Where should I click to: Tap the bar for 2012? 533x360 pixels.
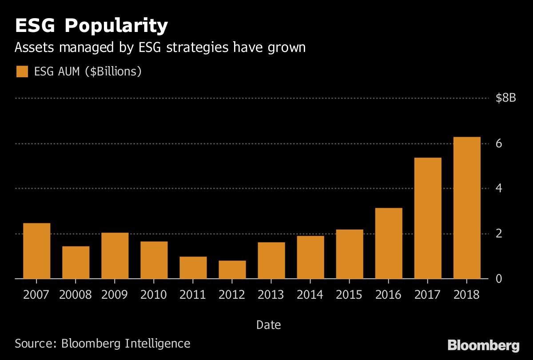[232, 269]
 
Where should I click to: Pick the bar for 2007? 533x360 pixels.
[36, 251]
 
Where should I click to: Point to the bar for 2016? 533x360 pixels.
[389, 243]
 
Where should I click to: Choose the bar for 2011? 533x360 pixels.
[193, 268]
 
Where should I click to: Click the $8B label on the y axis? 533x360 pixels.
[506, 98]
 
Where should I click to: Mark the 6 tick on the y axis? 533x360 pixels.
[499, 143]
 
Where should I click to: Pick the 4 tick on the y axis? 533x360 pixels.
[499, 189]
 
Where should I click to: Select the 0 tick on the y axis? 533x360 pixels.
[499, 279]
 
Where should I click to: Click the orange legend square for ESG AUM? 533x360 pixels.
[22, 71]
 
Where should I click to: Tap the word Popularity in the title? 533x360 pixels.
[116, 26]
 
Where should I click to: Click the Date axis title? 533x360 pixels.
[269, 325]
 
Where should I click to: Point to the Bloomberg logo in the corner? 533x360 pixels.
[483, 345]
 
